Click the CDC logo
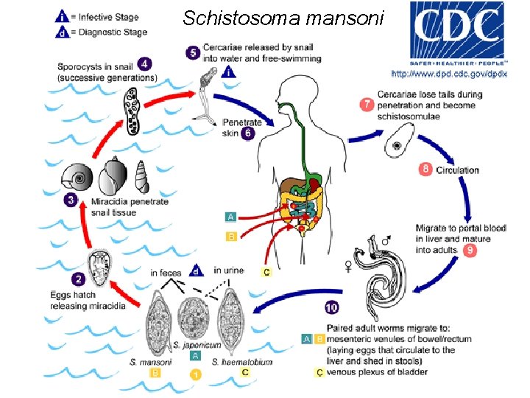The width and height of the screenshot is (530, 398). (457, 32)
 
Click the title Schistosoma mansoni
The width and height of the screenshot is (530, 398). (283, 17)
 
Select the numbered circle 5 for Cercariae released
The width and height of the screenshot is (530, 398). (193, 52)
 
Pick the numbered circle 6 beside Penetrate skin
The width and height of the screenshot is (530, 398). (247, 133)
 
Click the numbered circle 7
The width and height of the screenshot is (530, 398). (366, 105)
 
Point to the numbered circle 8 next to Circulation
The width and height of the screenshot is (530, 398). (425, 170)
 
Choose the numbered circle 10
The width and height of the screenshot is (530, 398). (332, 308)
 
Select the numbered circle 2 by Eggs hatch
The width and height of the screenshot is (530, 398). (77, 280)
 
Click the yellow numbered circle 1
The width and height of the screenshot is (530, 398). (196, 374)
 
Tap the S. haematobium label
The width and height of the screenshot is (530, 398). (242, 362)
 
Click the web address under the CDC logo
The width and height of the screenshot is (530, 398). (448, 74)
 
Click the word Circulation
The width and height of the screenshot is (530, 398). (457, 170)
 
